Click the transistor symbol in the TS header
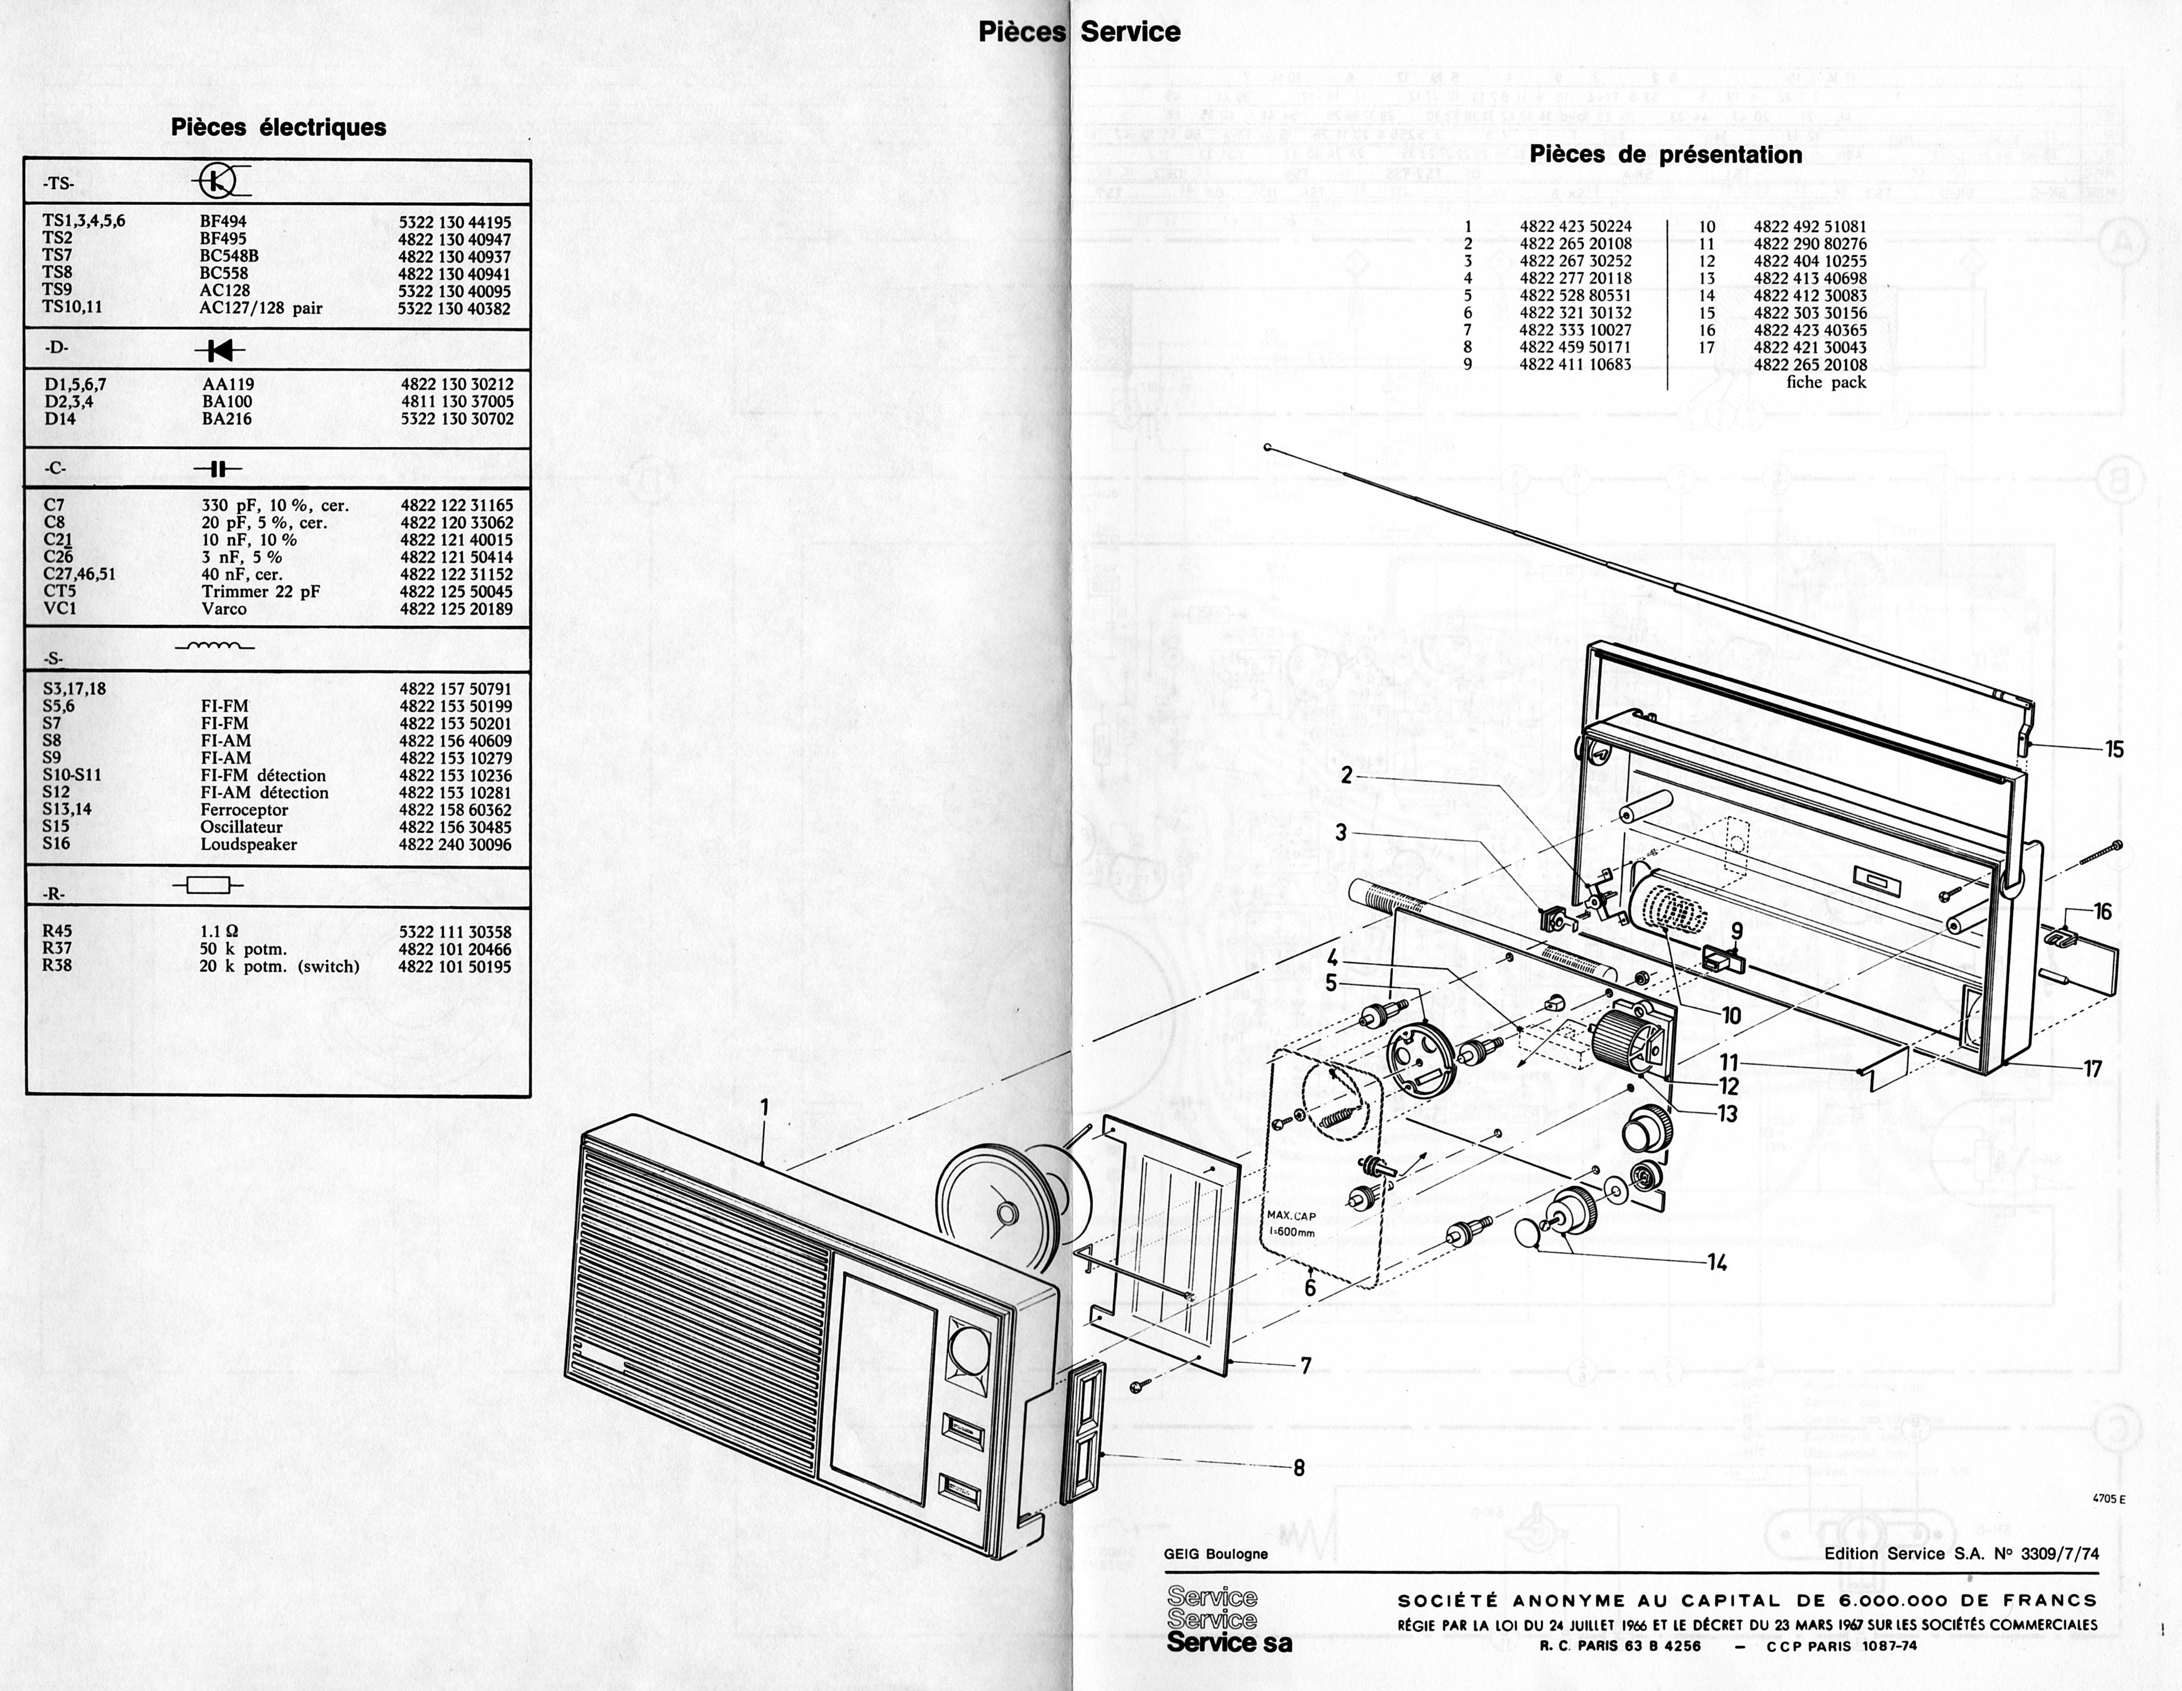218,181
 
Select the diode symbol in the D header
220,350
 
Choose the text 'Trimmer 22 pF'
261,592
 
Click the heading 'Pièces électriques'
279,128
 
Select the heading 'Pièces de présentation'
1665,155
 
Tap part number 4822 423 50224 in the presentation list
1575,227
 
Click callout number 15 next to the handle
2114,750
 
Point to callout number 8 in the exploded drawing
1299,1468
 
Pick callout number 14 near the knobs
1716,1263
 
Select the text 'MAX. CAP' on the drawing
1292,1216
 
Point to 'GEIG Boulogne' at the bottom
1215,1554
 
